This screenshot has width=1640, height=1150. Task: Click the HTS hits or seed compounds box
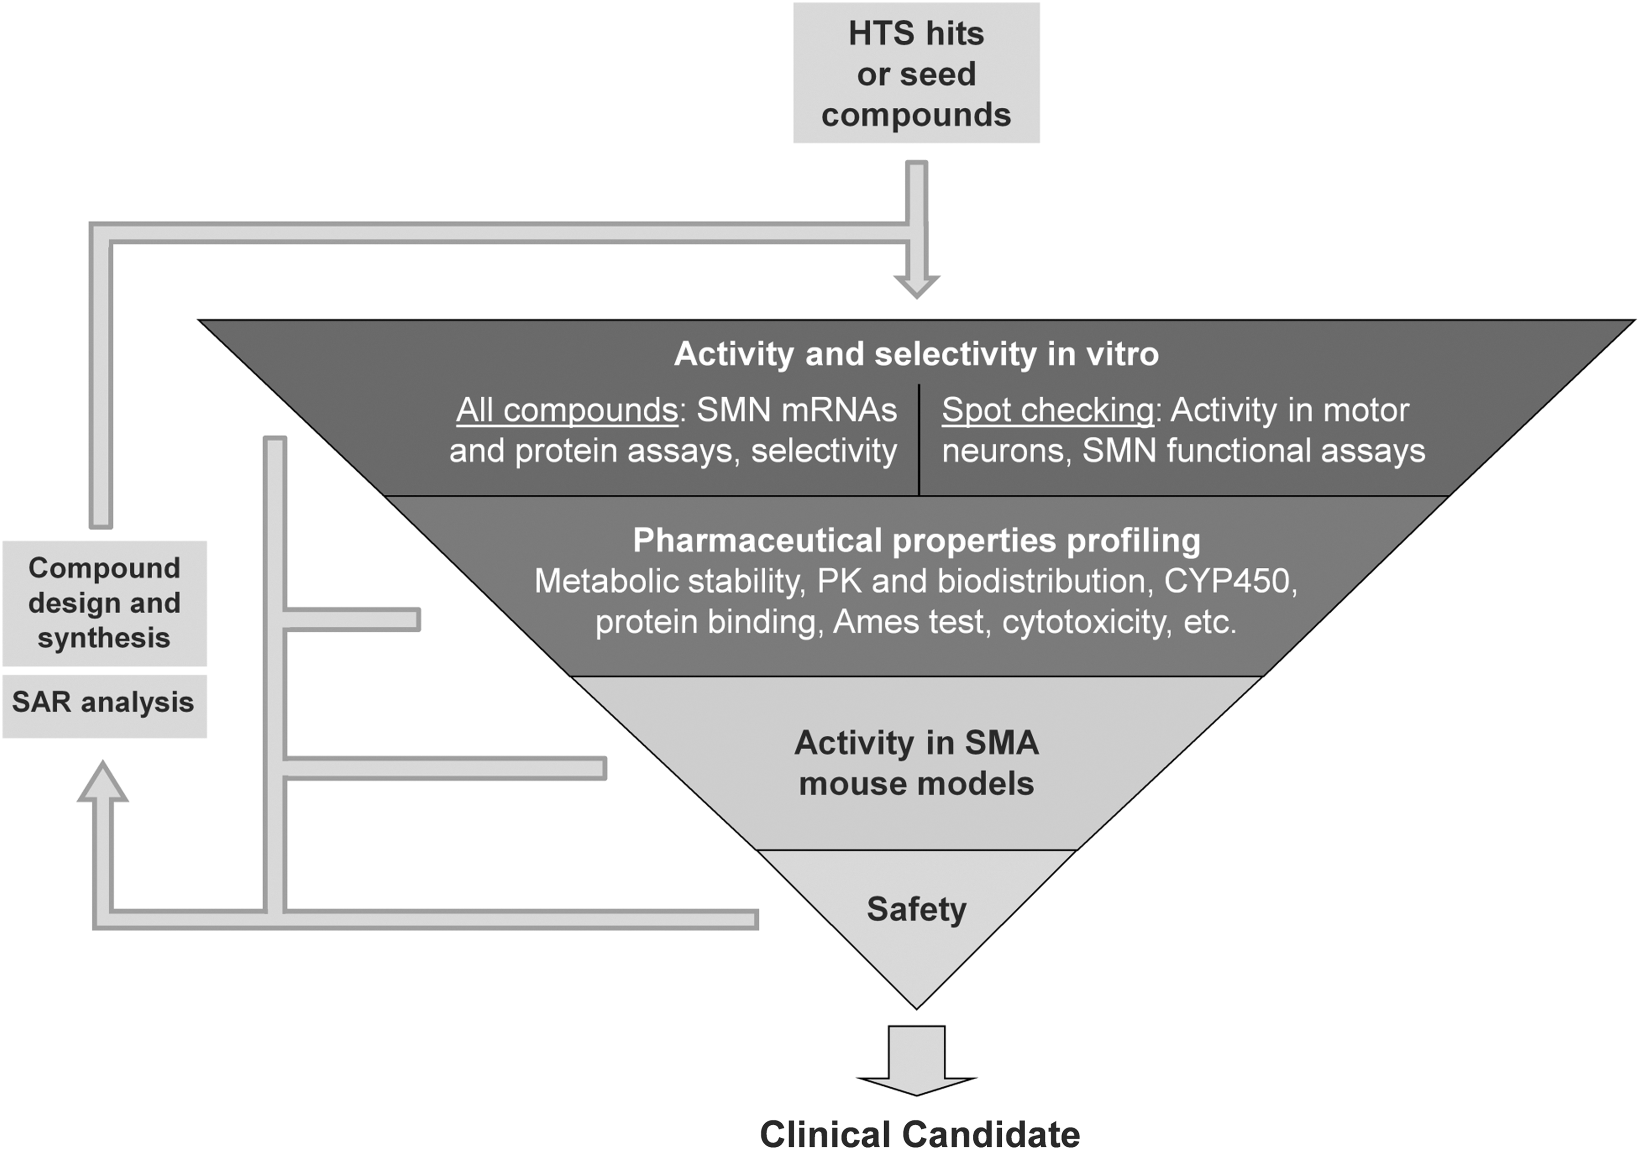(x=917, y=73)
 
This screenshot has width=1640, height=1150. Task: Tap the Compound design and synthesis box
(x=104, y=603)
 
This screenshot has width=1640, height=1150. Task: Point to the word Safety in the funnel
(x=917, y=909)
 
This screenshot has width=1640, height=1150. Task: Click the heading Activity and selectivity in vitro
(x=917, y=354)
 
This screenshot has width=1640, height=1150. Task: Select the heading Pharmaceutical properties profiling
(x=917, y=541)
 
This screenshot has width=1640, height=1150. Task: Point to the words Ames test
(x=908, y=622)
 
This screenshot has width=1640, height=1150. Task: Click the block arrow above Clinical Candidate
(x=917, y=1061)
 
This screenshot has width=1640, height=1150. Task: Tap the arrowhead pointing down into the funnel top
(x=917, y=286)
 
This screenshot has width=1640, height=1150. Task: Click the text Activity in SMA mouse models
(x=917, y=763)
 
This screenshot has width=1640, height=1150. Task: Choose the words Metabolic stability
(x=666, y=581)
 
